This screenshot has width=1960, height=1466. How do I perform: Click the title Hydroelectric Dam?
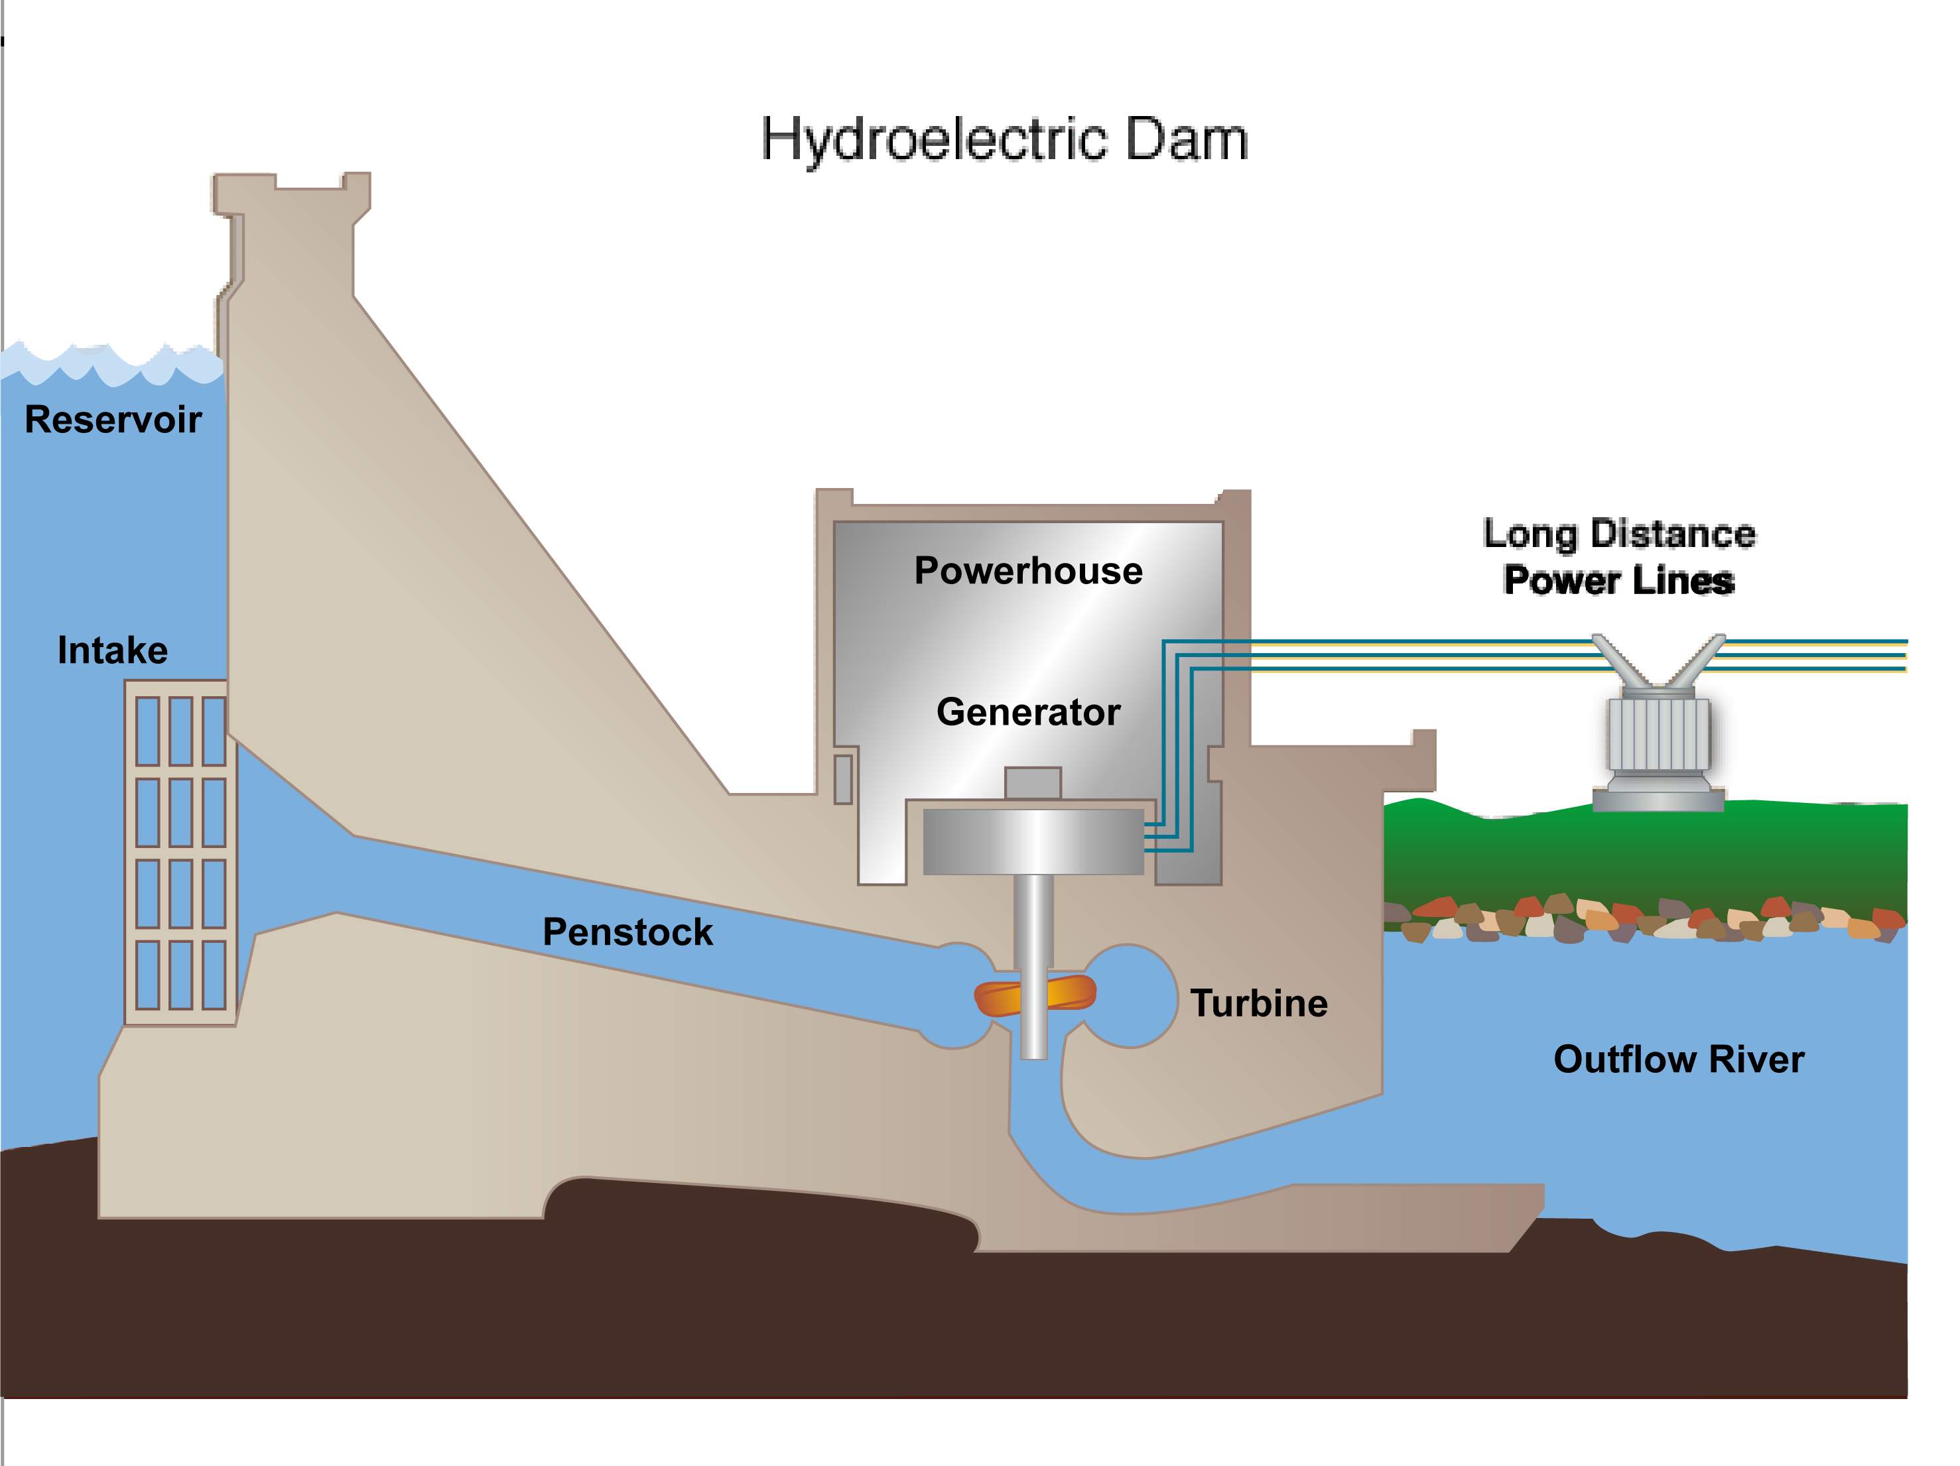[1004, 140]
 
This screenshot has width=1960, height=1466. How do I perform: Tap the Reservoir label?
[113, 420]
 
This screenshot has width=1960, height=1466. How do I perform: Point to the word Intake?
[113, 651]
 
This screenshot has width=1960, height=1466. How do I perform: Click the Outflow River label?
[1678, 1060]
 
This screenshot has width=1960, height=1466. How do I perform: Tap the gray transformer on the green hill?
[1658, 735]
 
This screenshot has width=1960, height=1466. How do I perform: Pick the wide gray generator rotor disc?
[1033, 841]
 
